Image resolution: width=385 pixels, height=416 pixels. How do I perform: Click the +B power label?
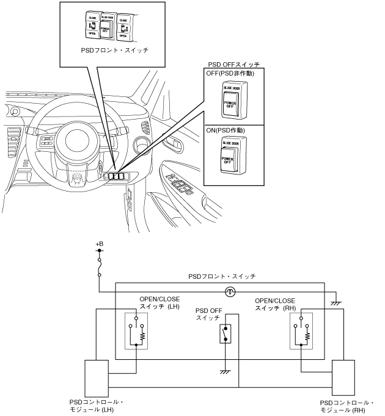tap(100, 244)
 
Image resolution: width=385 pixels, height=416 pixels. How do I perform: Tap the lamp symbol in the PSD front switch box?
tap(230, 292)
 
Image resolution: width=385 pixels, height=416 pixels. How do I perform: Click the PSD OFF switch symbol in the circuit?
tap(225, 333)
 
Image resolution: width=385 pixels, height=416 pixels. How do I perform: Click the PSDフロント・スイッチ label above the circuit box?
tap(222, 276)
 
